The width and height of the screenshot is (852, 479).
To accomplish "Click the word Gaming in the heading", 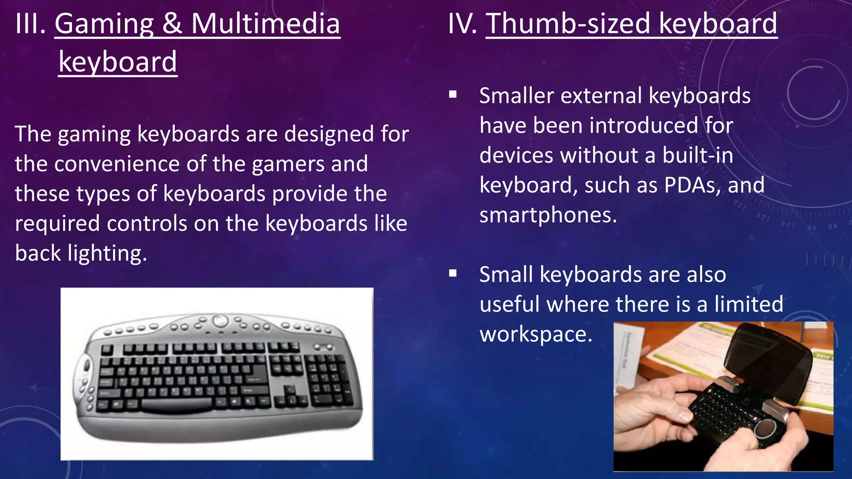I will click(104, 24).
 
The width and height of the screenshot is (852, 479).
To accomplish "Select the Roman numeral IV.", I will click(462, 24).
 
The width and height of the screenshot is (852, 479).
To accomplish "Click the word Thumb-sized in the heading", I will click(568, 24).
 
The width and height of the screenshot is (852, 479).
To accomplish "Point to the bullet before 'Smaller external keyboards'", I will click(453, 95).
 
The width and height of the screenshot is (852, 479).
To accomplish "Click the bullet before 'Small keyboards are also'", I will click(453, 274).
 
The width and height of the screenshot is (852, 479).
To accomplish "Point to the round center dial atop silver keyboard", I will click(220, 321).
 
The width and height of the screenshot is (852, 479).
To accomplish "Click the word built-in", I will click(698, 155).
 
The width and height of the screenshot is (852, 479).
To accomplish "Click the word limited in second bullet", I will click(748, 304).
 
